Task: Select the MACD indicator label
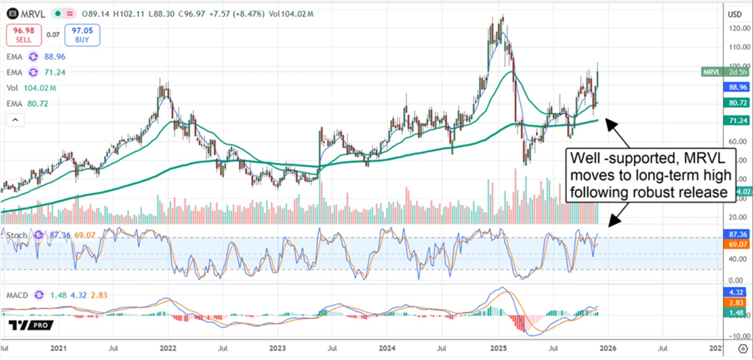pyautogui.click(x=16, y=295)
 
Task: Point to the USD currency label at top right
pyautogui.click(x=734, y=14)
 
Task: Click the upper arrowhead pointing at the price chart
pyautogui.click(x=611, y=123)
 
